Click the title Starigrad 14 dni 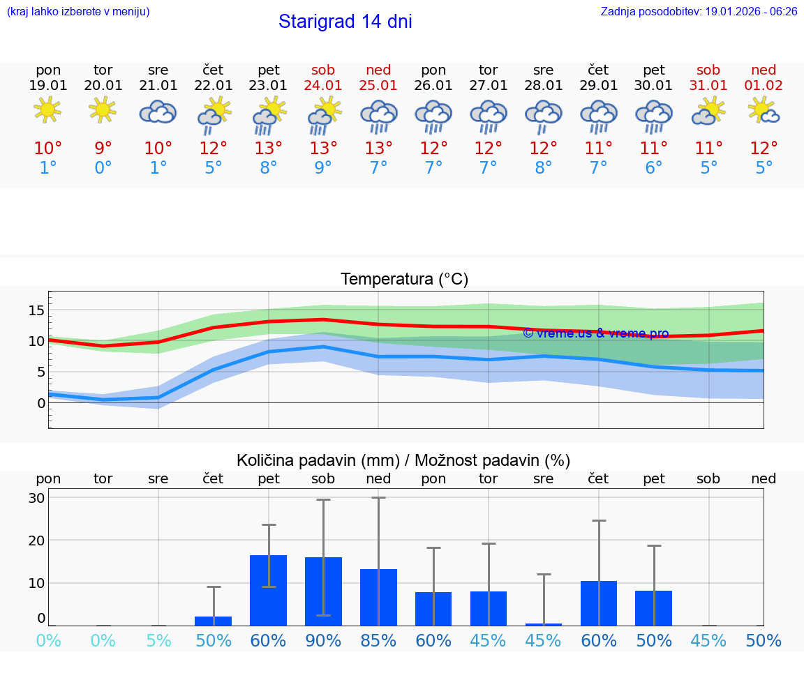345,22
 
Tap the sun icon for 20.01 103,110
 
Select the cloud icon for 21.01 158,112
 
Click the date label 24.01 323,85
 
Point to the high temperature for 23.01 269,149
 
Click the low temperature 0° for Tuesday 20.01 103,168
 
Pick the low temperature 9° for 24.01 323,168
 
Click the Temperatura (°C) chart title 404,279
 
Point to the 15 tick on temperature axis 36,310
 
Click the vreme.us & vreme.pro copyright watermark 595,333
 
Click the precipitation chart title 403,460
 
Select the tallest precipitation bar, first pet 269,590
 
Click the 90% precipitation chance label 323,641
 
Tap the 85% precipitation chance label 378,641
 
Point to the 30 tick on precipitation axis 36,498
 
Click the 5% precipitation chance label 158,641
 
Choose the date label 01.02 764,85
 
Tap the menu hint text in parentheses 78,12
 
